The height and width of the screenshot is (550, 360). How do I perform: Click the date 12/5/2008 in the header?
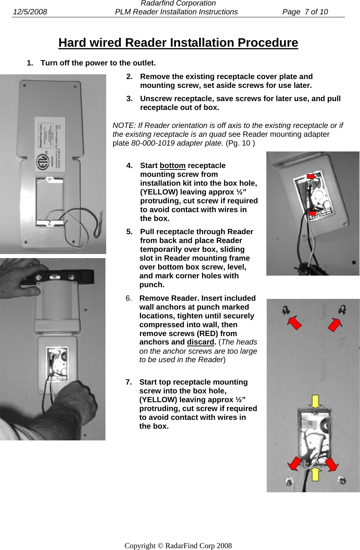pos(30,12)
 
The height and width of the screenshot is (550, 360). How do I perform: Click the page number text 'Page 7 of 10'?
pos(305,12)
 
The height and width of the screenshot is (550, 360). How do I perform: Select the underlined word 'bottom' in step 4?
pos(172,165)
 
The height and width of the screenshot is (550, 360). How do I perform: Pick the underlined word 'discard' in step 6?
pos(200,342)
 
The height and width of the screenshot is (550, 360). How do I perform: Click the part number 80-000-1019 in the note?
pos(152,143)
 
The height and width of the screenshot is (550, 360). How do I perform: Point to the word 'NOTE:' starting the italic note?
pos(124,125)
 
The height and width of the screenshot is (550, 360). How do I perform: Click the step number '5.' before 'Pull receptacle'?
pos(129,232)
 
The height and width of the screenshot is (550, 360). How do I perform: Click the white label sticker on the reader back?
pos(49,145)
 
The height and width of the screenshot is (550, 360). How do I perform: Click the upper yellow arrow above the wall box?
pos(315,401)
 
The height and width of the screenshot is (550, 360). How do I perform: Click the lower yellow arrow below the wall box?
pos(315,474)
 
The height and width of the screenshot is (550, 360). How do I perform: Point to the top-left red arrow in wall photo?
pos(294,323)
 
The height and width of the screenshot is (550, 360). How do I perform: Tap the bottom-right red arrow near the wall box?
pos(332,464)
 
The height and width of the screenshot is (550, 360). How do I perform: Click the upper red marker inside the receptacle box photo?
pos(311,177)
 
